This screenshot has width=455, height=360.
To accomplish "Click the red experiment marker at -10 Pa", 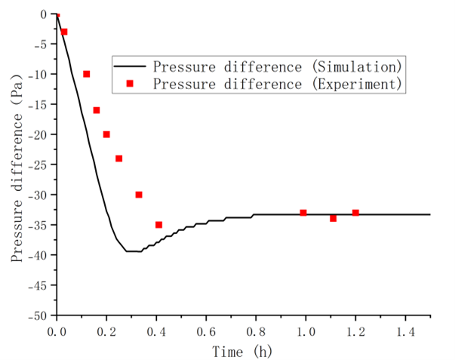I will (87, 74).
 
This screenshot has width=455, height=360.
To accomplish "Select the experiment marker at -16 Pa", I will (97, 110).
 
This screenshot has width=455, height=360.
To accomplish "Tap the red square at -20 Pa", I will (106, 134).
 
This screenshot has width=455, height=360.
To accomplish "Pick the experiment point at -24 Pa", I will (118, 158).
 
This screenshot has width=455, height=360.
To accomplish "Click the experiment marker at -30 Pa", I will (139, 195).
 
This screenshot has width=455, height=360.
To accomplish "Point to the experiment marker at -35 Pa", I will (158, 225).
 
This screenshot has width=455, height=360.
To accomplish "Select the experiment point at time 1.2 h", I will (355, 213).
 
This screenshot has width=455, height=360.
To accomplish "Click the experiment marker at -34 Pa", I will (333, 218).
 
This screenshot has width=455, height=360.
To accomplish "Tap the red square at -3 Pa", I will (64, 32).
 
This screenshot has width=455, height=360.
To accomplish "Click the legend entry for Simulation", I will (275, 64).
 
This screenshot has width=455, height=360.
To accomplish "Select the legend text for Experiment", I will (275, 84).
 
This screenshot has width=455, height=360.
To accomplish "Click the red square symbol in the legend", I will (130, 84).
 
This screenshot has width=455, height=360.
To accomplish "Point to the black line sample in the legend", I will (130, 64).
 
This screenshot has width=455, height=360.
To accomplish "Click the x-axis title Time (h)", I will (241, 350).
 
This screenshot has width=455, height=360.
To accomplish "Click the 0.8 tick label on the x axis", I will (256, 331).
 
